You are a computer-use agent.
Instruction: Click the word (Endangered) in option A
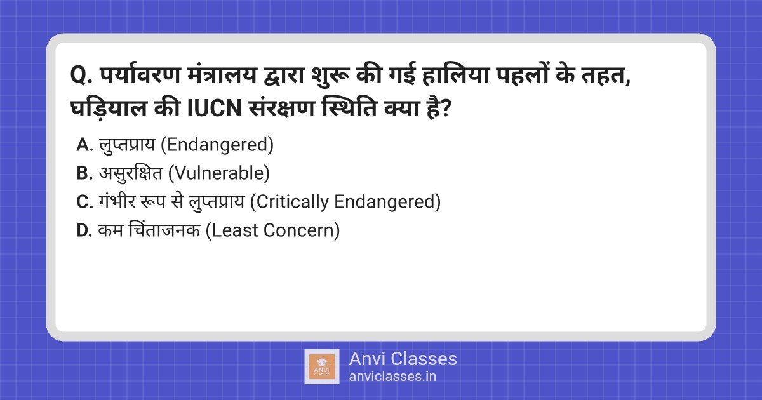217,145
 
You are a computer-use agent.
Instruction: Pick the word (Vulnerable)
218,173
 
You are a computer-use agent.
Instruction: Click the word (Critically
290,202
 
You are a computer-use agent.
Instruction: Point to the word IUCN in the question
215,109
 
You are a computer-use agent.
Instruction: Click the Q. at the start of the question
82,75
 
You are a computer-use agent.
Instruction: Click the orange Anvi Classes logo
322,367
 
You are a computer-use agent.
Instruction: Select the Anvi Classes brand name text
403,359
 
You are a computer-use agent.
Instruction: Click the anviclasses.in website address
392,377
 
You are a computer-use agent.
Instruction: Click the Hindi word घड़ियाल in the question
109,108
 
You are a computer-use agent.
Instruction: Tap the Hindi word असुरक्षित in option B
131,173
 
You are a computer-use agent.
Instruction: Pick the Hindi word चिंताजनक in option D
164,229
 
